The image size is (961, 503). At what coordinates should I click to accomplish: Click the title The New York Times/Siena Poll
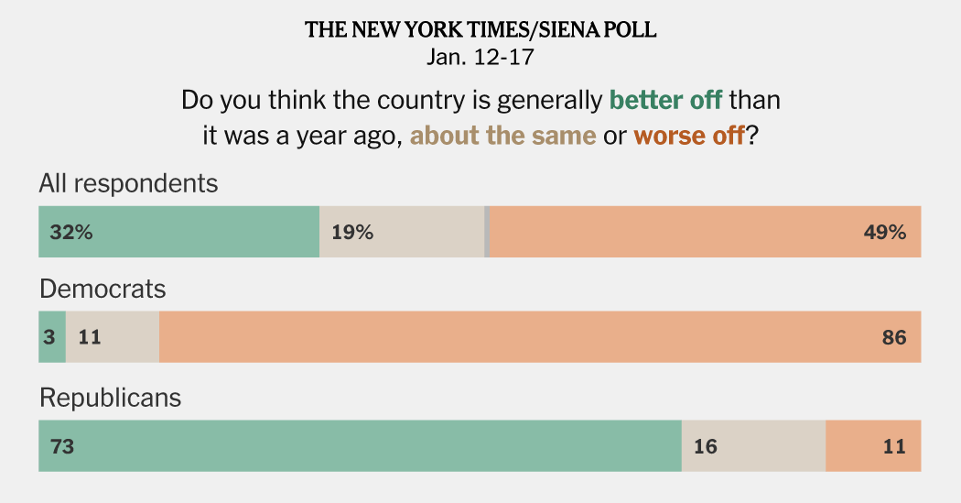480,30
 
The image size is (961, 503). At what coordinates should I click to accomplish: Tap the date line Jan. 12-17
480,57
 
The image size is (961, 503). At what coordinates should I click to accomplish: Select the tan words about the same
502,137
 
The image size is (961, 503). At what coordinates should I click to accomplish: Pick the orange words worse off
689,137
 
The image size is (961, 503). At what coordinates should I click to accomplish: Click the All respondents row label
128,183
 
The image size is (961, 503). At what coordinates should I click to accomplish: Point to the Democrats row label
103,290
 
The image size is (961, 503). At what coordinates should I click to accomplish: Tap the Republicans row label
110,398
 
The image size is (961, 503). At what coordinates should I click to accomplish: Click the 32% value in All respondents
71,233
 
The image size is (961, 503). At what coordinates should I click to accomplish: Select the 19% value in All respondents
352,233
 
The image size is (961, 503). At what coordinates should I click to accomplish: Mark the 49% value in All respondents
884,233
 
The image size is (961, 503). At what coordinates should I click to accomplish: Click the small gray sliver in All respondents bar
487,232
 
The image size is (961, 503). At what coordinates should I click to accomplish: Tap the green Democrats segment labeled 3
51,337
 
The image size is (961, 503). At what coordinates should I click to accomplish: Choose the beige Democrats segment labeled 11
112,337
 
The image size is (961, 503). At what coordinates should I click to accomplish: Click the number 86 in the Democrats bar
894,338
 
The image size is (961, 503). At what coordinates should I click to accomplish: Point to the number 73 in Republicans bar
62,447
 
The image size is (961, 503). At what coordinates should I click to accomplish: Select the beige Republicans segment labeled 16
753,446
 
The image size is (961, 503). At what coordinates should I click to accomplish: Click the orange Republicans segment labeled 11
873,446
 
